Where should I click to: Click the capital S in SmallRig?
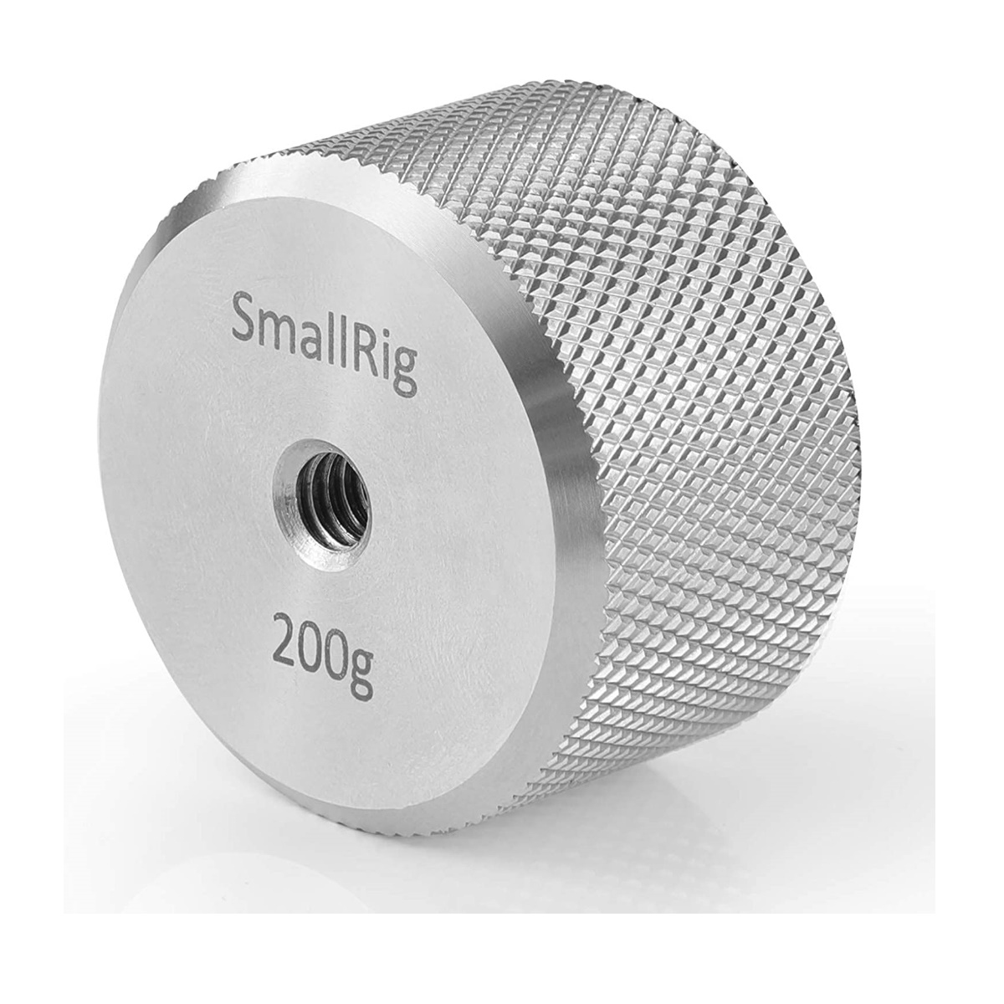point(243,319)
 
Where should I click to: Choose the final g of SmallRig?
point(407,368)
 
